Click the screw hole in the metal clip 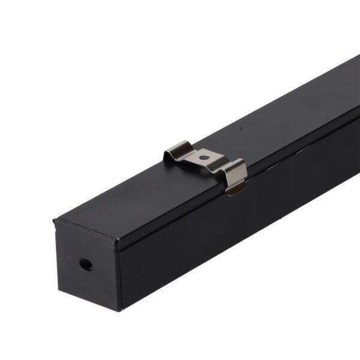(205, 158)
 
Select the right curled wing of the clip (236, 175)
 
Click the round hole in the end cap (86, 264)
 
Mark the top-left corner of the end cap (56, 222)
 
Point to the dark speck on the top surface (240, 127)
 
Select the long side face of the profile (240, 228)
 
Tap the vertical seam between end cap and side (119, 276)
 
